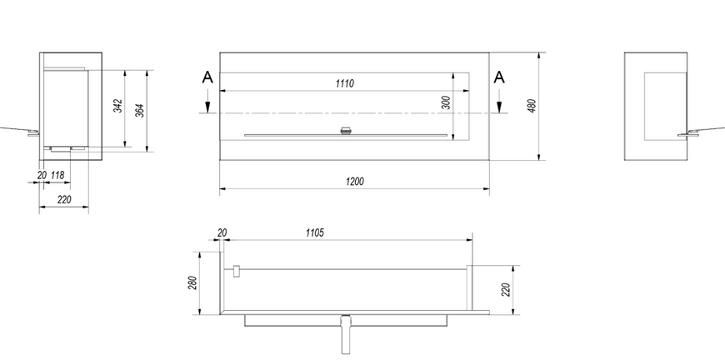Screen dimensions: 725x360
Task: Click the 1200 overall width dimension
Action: [x=355, y=182]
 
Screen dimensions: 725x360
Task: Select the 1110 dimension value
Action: [x=344, y=83]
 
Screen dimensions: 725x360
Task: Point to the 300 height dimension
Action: [x=446, y=102]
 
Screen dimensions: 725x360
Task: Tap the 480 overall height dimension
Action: [x=532, y=106]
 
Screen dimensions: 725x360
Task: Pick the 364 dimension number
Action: [x=140, y=111]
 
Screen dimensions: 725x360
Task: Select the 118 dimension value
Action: [x=57, y=175]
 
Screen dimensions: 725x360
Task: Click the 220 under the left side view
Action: [x=65, y=200]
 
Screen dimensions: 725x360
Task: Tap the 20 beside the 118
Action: [x=42, y=175]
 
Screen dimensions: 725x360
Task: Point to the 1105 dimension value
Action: [x=314, y=232]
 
